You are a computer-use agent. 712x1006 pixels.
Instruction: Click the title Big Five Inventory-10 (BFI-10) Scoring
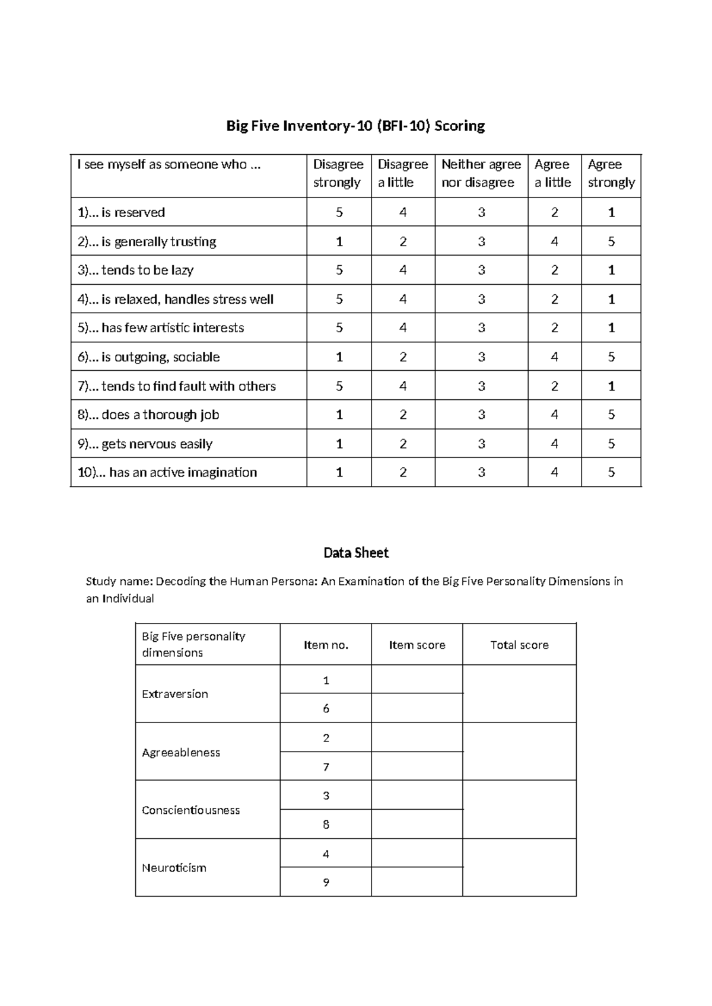click(x=355, y=126)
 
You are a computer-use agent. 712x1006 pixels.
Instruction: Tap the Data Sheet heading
click(x=356, y=553)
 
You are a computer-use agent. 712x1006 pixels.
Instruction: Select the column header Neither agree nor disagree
click(x=481, y=173)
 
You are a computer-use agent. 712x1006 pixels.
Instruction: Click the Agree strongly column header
click(x=611, y=173)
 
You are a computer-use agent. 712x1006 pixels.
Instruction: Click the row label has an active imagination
click(x=167, y=473)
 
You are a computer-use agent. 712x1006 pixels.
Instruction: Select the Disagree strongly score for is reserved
click(x=339, y=212)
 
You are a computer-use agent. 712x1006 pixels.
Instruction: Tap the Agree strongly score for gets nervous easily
click(x=611, y=444)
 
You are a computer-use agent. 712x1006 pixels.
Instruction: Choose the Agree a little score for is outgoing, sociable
click(x=554, y=357)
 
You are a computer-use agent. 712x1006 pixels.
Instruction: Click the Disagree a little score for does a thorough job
click(x=403, y=415)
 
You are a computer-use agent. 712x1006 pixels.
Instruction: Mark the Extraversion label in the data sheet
click(x=174, y=694)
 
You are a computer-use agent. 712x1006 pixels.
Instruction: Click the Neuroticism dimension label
click(x=174, y=868)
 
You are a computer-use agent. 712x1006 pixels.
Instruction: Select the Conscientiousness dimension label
click(x=190, y=810)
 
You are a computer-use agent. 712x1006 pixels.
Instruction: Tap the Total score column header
click(x=519, y=645)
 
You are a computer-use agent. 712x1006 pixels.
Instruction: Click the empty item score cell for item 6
click(x=417, y=708)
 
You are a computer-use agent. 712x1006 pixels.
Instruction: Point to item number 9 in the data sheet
click(x=326, y=882)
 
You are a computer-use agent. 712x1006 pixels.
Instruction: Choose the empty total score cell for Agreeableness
click(x=519, y=752)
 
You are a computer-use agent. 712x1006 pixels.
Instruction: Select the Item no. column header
click(x=326, y=645)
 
